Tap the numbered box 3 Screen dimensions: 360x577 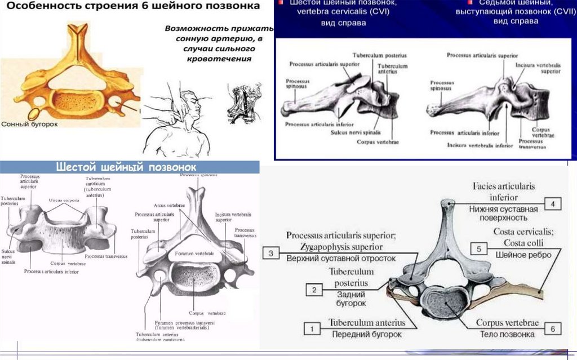click(271, 253)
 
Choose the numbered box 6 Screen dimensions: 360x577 click(553, 328)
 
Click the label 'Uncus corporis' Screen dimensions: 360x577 click(62, 199)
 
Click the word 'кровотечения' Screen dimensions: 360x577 click(224, 58)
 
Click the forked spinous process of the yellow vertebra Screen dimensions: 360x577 click(77, 31)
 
